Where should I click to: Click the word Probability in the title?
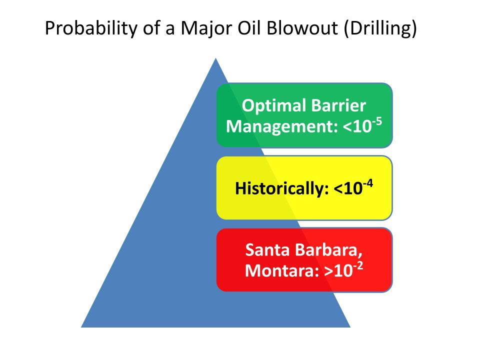(91, 28)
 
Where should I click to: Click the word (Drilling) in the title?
(380, 28)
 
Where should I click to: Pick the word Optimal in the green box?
(269, 106)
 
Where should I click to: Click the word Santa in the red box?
(267, 250)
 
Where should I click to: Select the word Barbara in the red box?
(329, 250)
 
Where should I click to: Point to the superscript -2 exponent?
(358, 266)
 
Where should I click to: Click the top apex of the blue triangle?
(216, 58)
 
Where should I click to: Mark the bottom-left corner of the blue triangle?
(81, 327)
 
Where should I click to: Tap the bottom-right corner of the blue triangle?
(350, 327)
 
